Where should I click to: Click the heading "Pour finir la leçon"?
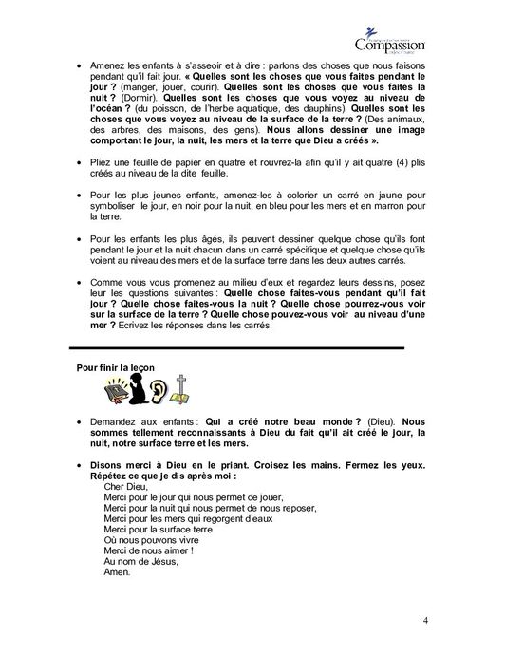116,367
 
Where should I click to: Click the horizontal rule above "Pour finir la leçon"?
229,348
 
